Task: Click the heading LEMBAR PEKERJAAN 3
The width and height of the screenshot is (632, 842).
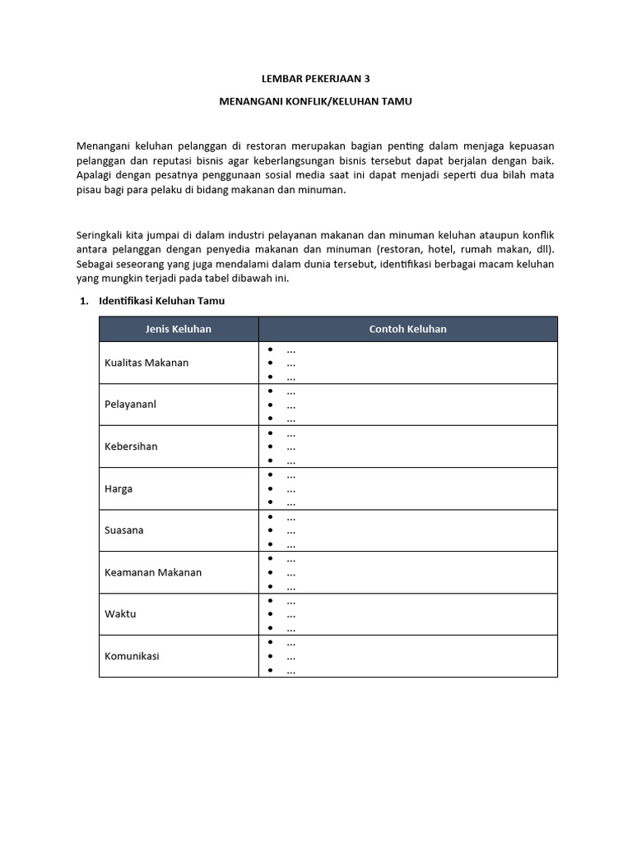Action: coord(315,80)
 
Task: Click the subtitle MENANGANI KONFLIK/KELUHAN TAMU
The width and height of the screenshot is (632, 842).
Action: coord(315,101)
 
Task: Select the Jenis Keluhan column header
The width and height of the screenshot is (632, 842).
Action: coord(179,329)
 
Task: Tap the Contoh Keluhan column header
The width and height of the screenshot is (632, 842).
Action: coord(408,329)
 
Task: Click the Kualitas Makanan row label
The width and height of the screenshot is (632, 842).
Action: coord(146,363)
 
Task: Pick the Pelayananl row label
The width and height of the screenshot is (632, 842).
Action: coord(130,405)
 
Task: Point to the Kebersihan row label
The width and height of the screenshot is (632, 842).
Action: coord(131,446)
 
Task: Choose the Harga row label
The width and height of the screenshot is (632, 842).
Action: coord(118,488)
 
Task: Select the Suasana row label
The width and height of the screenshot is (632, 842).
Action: coord(124,530)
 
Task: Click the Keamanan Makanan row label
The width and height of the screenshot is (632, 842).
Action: coord(153,572)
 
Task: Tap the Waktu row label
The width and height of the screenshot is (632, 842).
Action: coord(120,614)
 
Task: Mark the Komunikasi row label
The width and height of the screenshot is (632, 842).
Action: coord(132,656)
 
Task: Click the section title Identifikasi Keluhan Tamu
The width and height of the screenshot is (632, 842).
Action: coord(161,301)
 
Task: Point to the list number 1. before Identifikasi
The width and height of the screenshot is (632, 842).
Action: coord(83,301)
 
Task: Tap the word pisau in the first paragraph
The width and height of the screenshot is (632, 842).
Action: coord(89,190)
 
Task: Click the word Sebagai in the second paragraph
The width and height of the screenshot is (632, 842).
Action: coord(96,264)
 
